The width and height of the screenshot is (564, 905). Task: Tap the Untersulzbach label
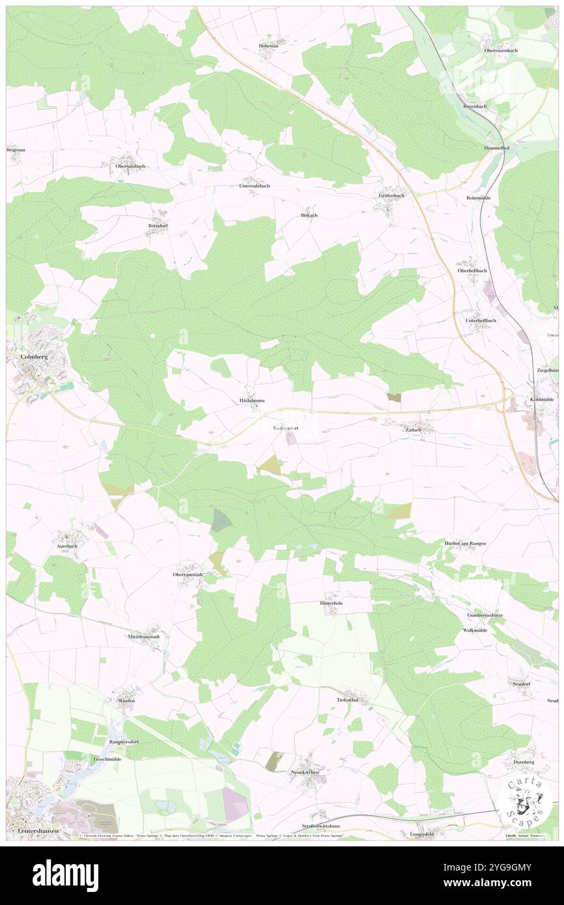click(x=253, y=186)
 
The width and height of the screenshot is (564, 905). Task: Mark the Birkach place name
click(x=309, y=215)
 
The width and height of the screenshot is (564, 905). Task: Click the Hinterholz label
click(x=331, y=603)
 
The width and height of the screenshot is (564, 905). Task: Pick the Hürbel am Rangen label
click(x=465, y=543)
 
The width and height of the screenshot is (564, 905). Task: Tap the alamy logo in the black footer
click(x=65, y=875)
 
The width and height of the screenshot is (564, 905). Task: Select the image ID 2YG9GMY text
click(x=507, y=867)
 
